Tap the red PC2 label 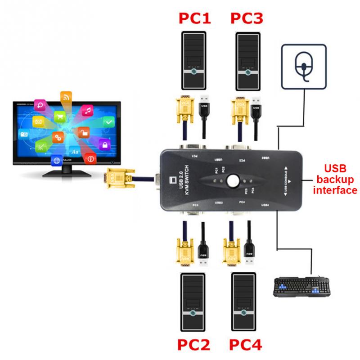(x=193, y=346)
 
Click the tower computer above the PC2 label (x=193, y=301)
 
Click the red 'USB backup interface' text (x=335, y=180)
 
